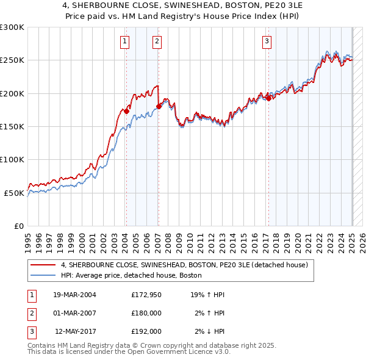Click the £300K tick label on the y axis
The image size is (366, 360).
[12, 27]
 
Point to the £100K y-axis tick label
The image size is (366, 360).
[12, 159]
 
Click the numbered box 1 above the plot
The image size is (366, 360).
[125, 41]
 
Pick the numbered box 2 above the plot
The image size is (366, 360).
[157, 41]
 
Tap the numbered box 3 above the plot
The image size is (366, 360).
[267, 41]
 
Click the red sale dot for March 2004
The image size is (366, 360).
[126, 111]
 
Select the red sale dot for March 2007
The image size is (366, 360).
[159, 106]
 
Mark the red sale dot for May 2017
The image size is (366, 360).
[268, 98]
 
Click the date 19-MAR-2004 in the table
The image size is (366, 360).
[74, 295]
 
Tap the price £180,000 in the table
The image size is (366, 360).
[146, 313]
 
